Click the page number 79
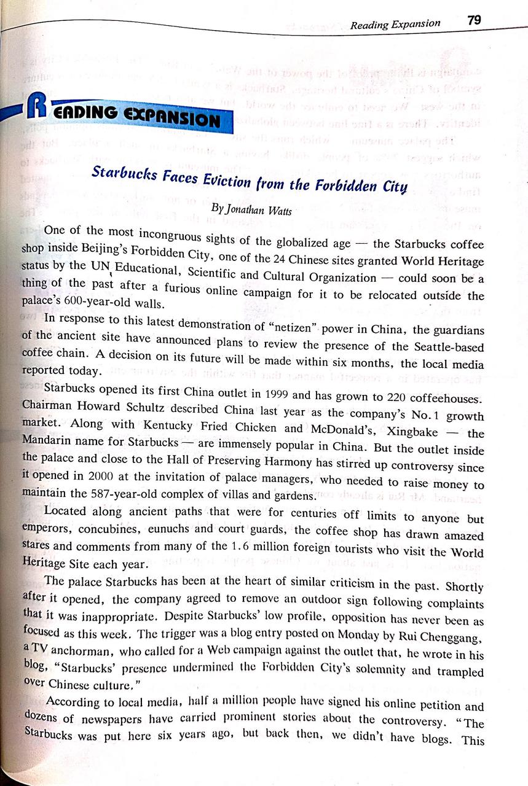click(475, 20)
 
